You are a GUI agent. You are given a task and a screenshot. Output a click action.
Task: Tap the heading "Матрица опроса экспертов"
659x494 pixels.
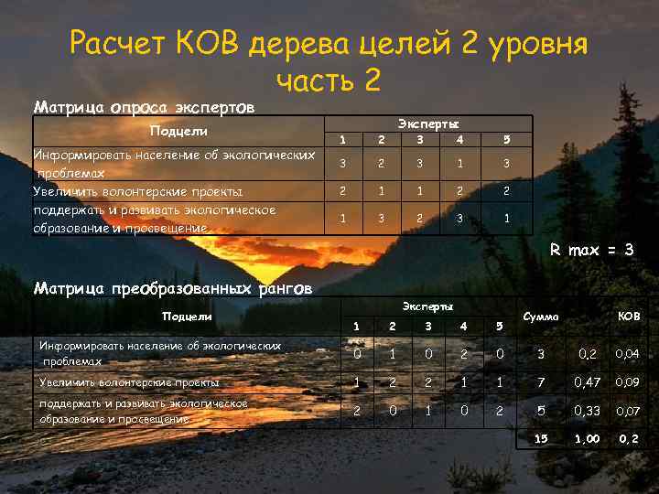tap(144, 107)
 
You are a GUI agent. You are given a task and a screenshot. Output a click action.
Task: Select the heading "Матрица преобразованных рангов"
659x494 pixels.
tap(172, 289)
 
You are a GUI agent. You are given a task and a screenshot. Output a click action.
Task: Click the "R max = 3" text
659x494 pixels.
tap(590, 248)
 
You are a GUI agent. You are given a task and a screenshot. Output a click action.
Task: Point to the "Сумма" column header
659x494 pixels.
tap(540, 317)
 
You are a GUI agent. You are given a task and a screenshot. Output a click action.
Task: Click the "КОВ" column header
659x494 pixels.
tap(629, 317)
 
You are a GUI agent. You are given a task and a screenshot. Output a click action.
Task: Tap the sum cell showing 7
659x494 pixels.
tap(541, 382)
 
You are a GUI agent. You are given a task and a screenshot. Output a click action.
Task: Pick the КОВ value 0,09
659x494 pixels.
tap(628, 382)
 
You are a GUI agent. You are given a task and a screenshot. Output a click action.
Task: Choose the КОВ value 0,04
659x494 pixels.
tap(628, 353)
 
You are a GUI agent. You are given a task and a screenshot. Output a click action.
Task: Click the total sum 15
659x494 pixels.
tap(541, 439)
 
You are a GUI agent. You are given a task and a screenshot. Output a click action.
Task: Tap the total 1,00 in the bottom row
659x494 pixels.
tap(587, 439)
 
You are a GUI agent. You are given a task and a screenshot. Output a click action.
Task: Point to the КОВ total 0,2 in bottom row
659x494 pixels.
tap(628, 439)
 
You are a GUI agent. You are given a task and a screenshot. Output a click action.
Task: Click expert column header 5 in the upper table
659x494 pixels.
tap(506, 139)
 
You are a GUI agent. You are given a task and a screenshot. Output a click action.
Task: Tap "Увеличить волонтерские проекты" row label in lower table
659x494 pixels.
tap(115, 382)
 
